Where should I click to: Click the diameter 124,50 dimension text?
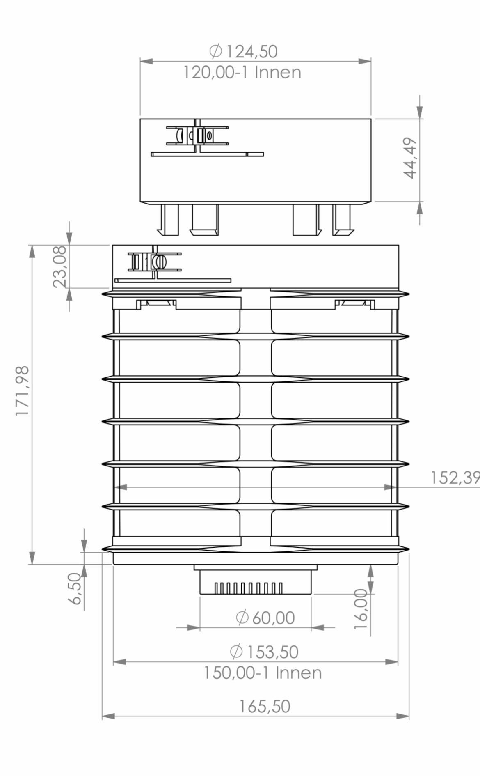(x=244, y=52)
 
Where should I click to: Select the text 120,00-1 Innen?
(x=242, y=73)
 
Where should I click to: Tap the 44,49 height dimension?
(x=411, y=158)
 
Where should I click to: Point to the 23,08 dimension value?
(x=60, y=266)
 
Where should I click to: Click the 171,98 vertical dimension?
(x=23, y=390)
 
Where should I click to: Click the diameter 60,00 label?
(x=265, y=618)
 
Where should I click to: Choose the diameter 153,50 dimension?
(x=264, y=652)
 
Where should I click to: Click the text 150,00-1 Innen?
(x=263, y=673)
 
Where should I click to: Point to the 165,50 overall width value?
(x=265, y=707)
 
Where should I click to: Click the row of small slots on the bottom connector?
(x=249, y=588)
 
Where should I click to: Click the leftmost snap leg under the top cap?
(x=169, y=220)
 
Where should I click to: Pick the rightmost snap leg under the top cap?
(x=343, y=220)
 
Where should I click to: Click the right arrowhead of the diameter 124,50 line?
(x=365, y=61)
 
